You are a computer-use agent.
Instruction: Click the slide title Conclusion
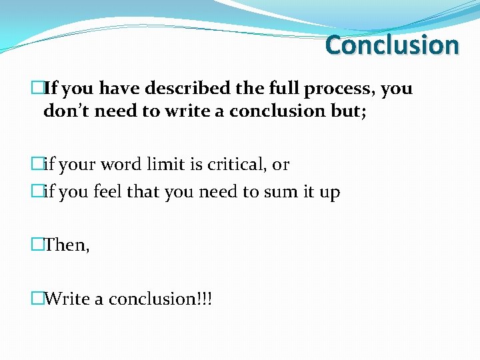[x=392, y=45]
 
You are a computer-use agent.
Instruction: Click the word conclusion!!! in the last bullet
[x=160, y=299]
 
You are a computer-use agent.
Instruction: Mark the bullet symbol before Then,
[x=37, y=245]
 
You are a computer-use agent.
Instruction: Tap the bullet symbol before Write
[x=37, y=299]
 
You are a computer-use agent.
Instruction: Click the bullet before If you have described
[x=37, y=88]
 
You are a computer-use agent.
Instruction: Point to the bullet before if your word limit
[x=37, y=164]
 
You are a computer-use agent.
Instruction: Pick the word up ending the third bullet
[x=331, y=193]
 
